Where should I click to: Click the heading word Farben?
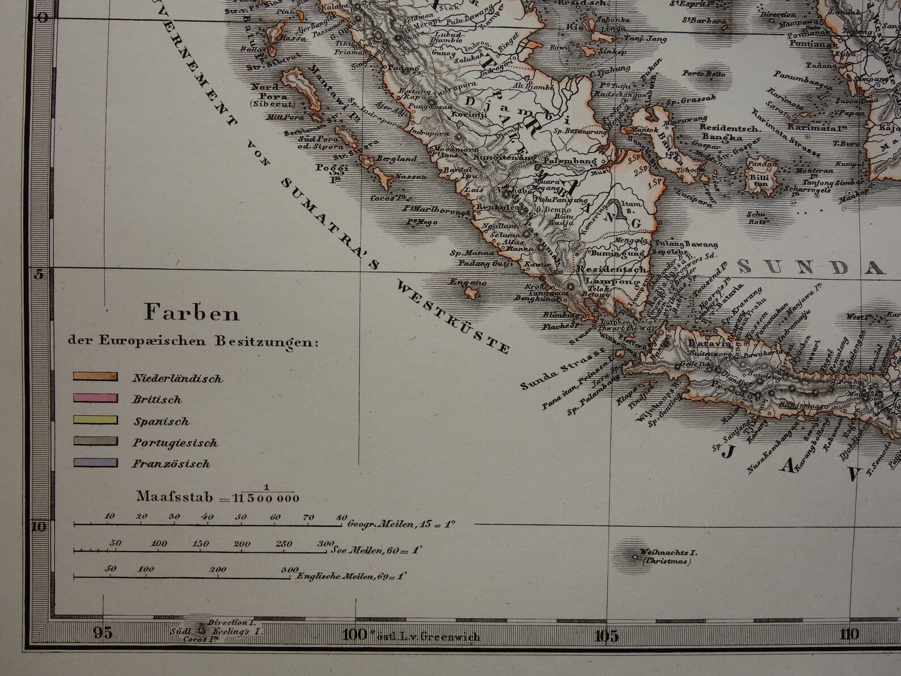[x=192, y=313]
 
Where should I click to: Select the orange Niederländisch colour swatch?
[x=95, y=376]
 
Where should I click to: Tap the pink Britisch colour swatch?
[x=95, y=398]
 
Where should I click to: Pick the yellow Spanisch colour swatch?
[x=95, y=420]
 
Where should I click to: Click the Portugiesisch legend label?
[x=175, y=443]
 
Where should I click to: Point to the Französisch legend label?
[x=171, y=464]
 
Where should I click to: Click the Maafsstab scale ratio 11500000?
[x=267, y=499]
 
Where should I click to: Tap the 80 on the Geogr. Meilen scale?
[x=341, y=517]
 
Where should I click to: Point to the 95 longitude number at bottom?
[x=103, y=633]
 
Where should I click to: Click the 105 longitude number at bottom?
[x=606, y=635]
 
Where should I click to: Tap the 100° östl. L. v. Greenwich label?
[x=411, y=636]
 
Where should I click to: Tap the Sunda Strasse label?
[x=549, y=372]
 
